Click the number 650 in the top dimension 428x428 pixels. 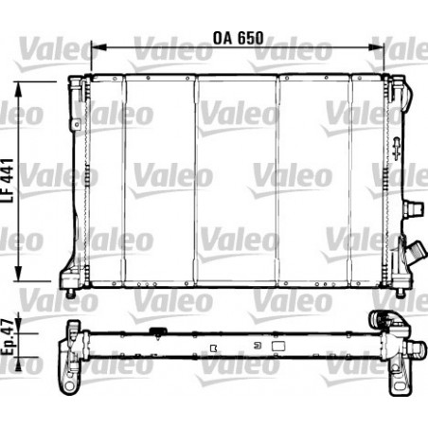(x=249, y=42)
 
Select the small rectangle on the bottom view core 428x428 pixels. (x=279, y=347)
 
